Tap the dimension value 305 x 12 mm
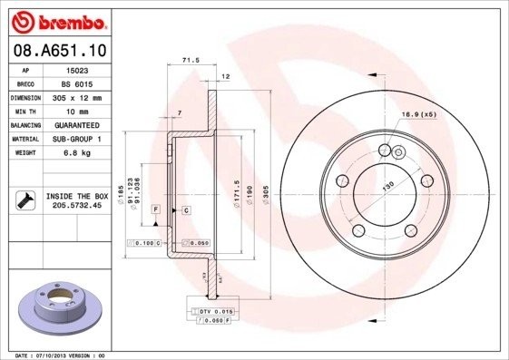coord(77,97)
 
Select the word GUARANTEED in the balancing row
coord(78,125)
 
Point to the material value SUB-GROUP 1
coord(78,139)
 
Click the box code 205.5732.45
coord(78,206)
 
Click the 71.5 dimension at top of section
coord(191,60)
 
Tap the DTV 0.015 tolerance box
coord(210,311)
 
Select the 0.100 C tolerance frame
coord(146,244)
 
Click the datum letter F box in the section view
coord(156,209)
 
